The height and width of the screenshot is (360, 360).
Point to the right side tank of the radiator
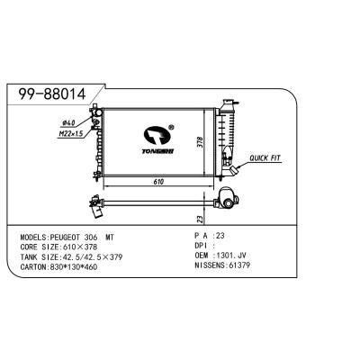[x=220, y=139]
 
